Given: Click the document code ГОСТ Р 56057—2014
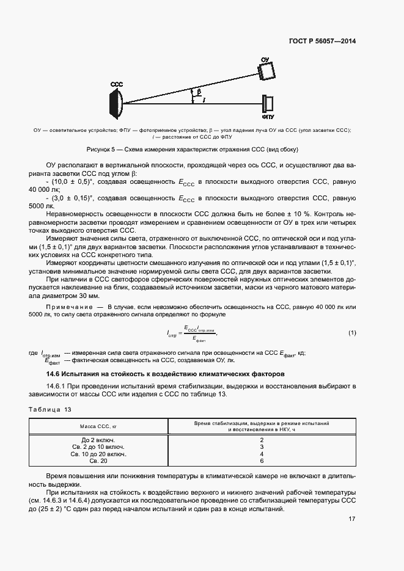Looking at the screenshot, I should (322, 42).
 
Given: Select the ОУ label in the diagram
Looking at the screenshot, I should (265, 59).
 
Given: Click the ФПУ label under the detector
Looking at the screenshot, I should (268, 115).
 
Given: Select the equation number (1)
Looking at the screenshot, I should (352, 333).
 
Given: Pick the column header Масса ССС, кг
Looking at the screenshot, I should (98, 425).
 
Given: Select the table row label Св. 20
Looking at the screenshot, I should (98, 461).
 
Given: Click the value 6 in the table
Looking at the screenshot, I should (262, 461).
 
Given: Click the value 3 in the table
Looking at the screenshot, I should (262, 447).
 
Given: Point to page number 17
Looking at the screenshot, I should (352, 519).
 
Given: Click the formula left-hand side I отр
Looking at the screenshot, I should (172, 333).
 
